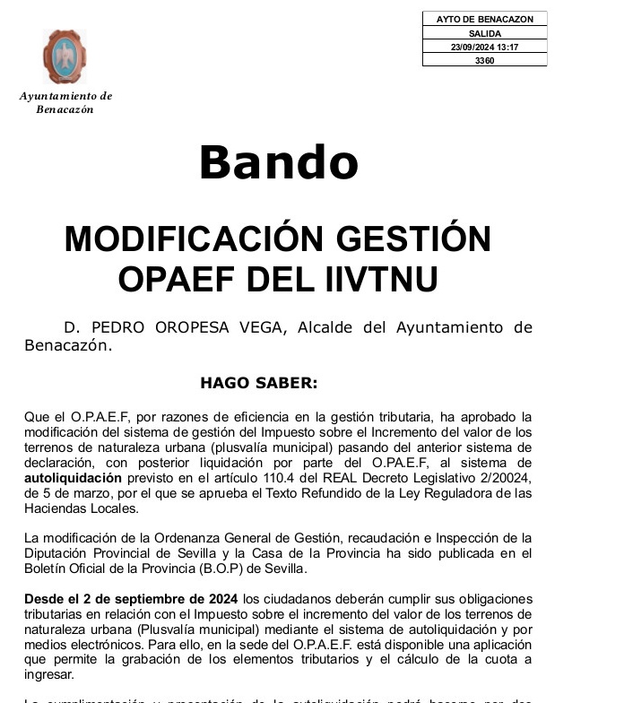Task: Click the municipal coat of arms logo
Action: pyautogui.click(x=65, y=56)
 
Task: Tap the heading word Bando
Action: pyautogui.click(x=278, y=163)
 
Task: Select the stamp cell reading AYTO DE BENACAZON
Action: pyautogui.click(x=484, y=19)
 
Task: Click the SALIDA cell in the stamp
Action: pyautogui.click(x=484, y=33)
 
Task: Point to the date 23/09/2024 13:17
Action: pyautogui.click(x=484, y=47)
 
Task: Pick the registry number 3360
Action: pyautogui.click(x=484, y=60)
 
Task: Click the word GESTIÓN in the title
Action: pyautogui.click(x=415, y=239)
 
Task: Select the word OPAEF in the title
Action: pyautogui.click(x=175, y=280)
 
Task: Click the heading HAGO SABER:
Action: pyautogui.click(x=258, y=383)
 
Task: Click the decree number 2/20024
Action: pyautogui.click(x=505, y=479)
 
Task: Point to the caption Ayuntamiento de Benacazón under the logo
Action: pyautogui.click(x=65, y=102)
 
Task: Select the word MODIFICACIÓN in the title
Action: pyautogui.click(x=194, y=239)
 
